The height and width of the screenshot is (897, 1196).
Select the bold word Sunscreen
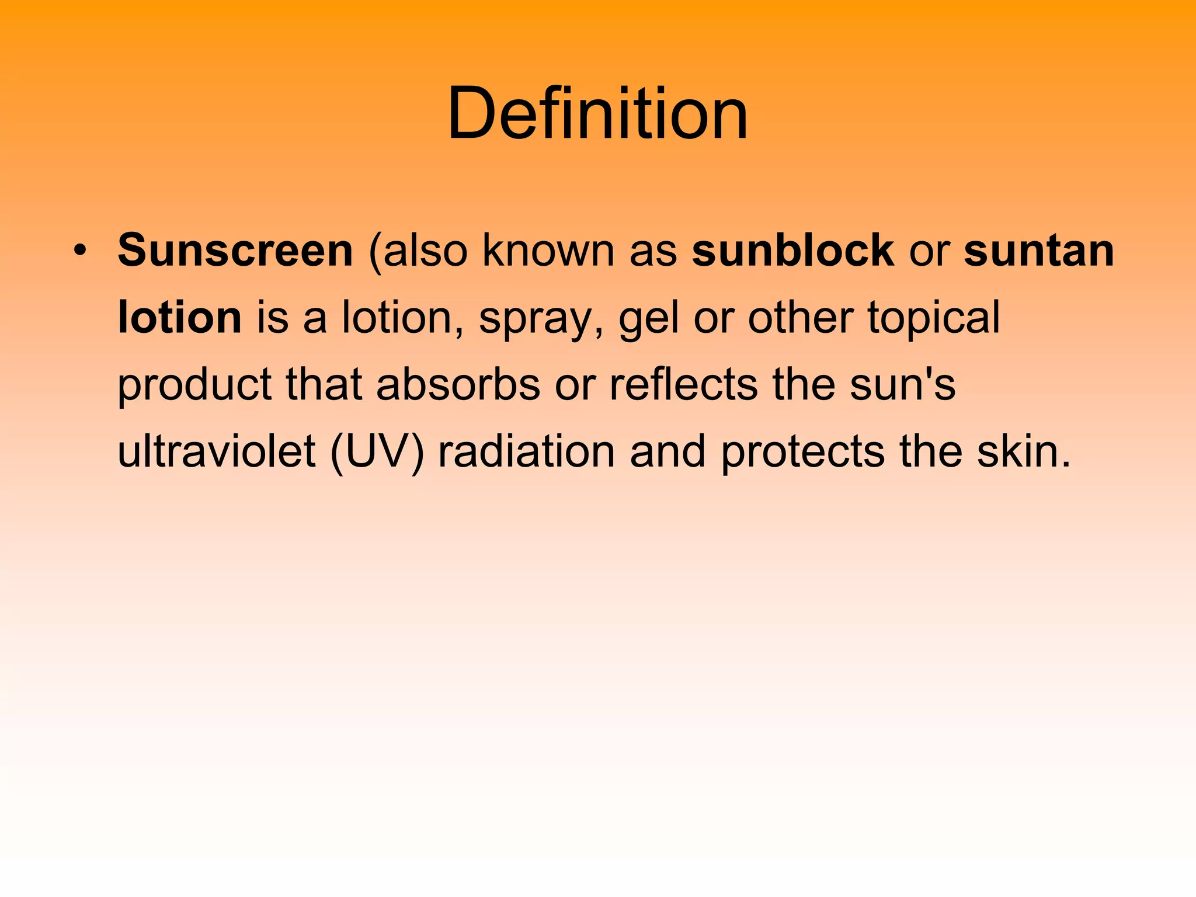click(235, 251)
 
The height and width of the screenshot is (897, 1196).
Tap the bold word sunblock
click(792, 251)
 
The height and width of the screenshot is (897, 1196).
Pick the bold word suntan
click(1039, 251)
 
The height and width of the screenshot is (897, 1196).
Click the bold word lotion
click(179, 318)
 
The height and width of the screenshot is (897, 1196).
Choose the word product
click(194, 385)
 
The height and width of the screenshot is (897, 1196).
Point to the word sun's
click(902, 385)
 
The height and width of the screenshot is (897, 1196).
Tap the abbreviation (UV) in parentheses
click(377, 453)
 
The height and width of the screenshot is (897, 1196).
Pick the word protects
click(803, 453)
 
